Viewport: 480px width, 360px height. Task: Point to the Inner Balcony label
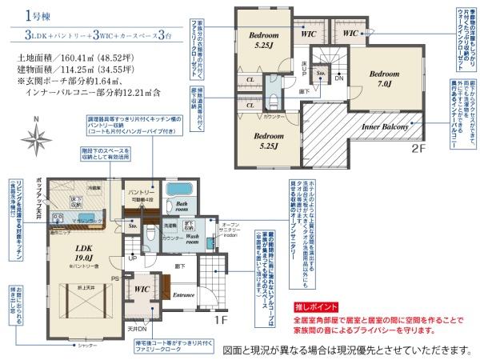[386, 127]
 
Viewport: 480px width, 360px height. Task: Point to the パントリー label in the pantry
[142, 193]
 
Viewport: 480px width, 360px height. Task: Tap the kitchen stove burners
[60, 217]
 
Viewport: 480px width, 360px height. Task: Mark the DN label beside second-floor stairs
[338, 78]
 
